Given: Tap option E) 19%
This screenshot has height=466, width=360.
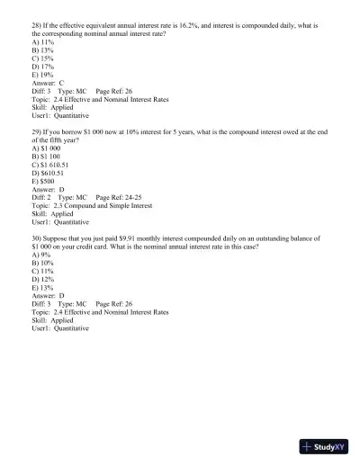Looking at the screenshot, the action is point(42,75).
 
